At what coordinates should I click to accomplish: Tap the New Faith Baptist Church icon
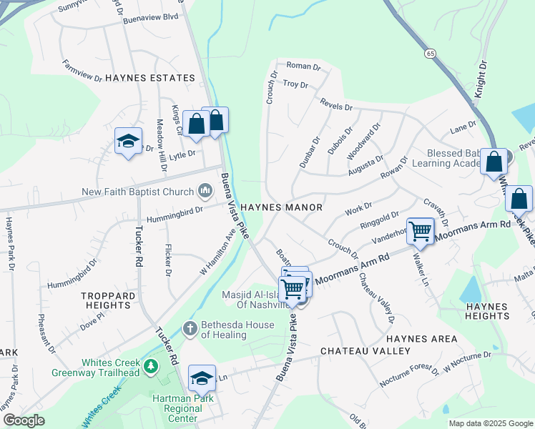[x=205, y=191]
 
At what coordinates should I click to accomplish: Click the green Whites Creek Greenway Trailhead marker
[x=150, y=367]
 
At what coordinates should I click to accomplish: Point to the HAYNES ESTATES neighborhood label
[x=150, y=78]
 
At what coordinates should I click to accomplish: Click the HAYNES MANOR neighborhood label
[x=281, y=207]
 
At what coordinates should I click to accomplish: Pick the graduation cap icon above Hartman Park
[x=202, y=377]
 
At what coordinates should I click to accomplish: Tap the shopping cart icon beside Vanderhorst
[x=421, y=231]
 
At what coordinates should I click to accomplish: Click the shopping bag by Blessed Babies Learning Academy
[x=494, y=162]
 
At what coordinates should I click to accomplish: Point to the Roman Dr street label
[x=303, y=66]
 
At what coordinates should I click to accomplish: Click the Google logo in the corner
[x=24, y=420]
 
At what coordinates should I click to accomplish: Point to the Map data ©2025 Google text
[x=490, y=423]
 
